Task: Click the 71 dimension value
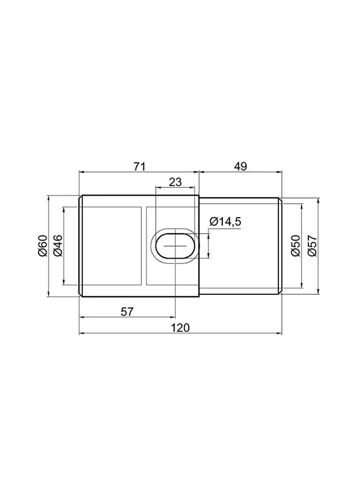(139, 167)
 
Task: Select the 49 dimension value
(240, 167)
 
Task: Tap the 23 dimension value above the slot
(176, 182)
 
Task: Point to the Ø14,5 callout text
(225, 222)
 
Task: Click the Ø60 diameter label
(43, 246)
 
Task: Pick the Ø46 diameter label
(58, 246)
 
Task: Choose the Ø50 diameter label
(295, 246)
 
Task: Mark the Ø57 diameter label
(312, 246)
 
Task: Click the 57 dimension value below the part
(127, 312)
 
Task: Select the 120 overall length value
(180, 328)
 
